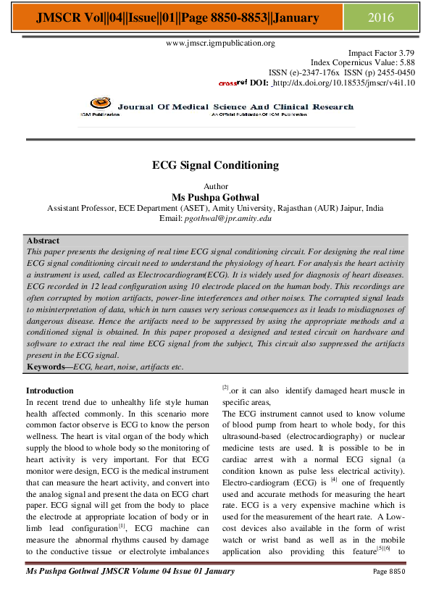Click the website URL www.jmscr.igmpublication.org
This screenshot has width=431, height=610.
pyautogui.click(x=221, y=43)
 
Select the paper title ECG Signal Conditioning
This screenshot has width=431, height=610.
pyautogui.click(x=215, y=165)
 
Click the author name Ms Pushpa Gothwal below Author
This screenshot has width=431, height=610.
pyautogui.click(x=216, y=196)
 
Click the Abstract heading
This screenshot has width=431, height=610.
pyautogui.click(x=43, y=241)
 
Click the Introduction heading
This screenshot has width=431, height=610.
pyautogui.click(x=49, y=390)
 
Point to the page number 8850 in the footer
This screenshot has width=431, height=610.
pyautogui.click(x=402, y=572)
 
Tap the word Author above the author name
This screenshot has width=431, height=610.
pyautogui.click(x=216, y=186)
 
